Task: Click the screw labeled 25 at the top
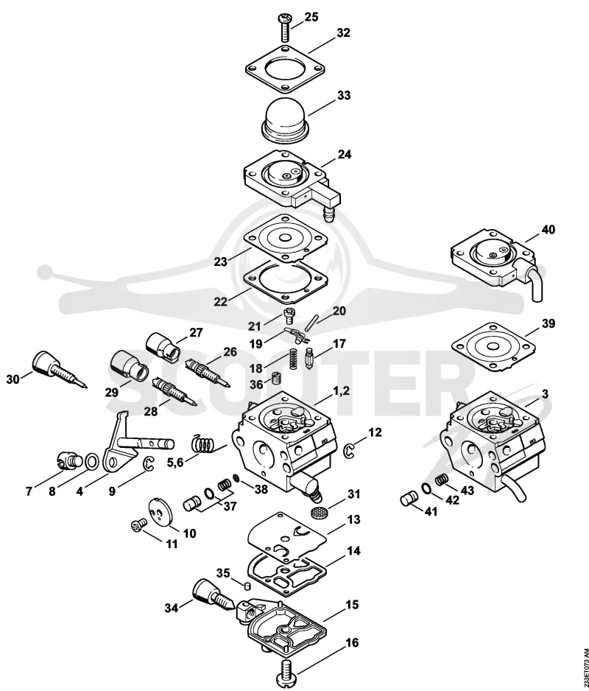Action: (283, 27)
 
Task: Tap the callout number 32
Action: (343, 32)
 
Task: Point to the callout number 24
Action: (345, 155)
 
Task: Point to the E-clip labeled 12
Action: (348, 450)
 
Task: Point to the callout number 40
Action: (549, 230)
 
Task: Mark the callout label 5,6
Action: (175, 463)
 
